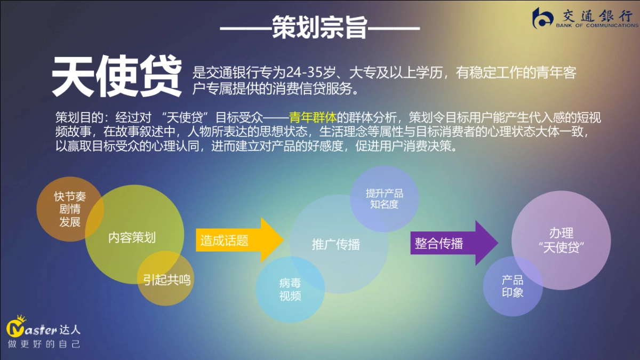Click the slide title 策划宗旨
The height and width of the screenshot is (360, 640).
[319, 27]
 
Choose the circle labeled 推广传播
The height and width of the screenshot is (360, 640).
[335, 245]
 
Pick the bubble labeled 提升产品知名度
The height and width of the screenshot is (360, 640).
[384, 198]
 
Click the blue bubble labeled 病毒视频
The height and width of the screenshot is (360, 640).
[290, 290]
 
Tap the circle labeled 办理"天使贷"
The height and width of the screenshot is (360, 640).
[561, 241]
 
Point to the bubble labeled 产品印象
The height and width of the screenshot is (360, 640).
[513, 286]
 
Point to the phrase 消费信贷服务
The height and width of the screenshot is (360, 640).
[307, 89]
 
